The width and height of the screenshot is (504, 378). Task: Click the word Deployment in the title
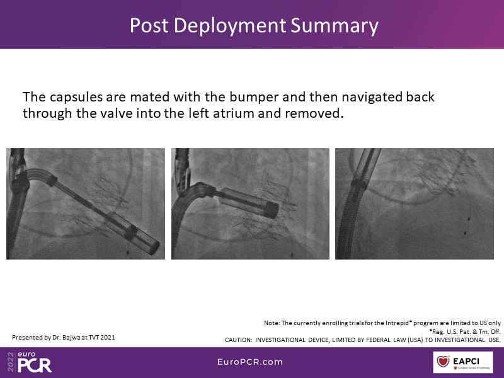tap(229, 25)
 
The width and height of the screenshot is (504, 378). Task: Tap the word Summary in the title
tap(335, 25)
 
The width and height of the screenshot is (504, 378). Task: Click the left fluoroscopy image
tap(86, 203)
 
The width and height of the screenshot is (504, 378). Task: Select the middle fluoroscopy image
tap(250, 203)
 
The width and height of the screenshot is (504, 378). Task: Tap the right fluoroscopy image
tap(415, 203)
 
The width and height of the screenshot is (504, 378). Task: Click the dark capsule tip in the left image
tap(154, 248)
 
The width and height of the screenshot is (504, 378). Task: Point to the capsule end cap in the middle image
tap(273, 210)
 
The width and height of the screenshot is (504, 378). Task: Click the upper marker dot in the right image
tap(469, 219)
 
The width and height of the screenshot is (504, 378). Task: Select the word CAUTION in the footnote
tap(238, 340)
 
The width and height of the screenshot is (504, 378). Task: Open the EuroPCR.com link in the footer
tap(250, 362)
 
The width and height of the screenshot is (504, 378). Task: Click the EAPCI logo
tap(463, 362)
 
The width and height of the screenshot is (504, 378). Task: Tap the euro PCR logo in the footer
tap(30, 362)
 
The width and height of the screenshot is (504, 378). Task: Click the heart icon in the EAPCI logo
tap(444, 361)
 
